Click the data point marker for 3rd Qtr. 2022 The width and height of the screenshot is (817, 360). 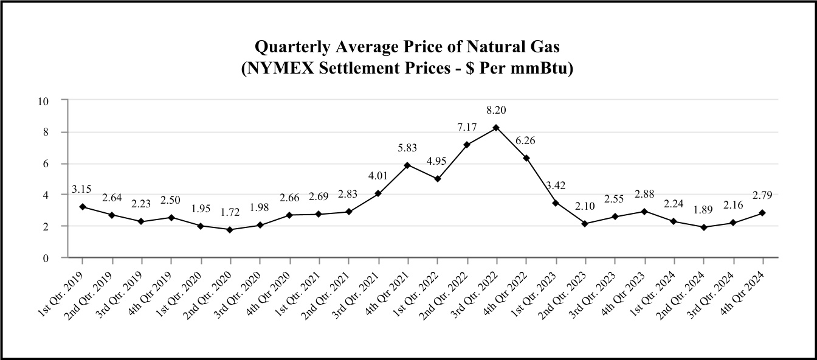tap(496, 128)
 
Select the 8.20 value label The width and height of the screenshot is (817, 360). tap(496, 111)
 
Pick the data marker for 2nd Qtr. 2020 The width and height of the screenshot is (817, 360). tap(230, 229)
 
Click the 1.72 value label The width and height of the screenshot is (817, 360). tap(230, 213)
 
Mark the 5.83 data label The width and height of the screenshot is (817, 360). tap(407, 147)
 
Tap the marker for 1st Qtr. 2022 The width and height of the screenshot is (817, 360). tap(437, 179)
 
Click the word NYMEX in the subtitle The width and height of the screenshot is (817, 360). tap(273, 69)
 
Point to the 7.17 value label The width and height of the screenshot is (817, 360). tap(467, 128)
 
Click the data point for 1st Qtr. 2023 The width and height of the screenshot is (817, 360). tap(556, 202)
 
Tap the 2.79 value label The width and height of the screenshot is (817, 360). tap(762, 196)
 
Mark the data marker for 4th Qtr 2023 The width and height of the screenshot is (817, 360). tap(644, 211)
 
